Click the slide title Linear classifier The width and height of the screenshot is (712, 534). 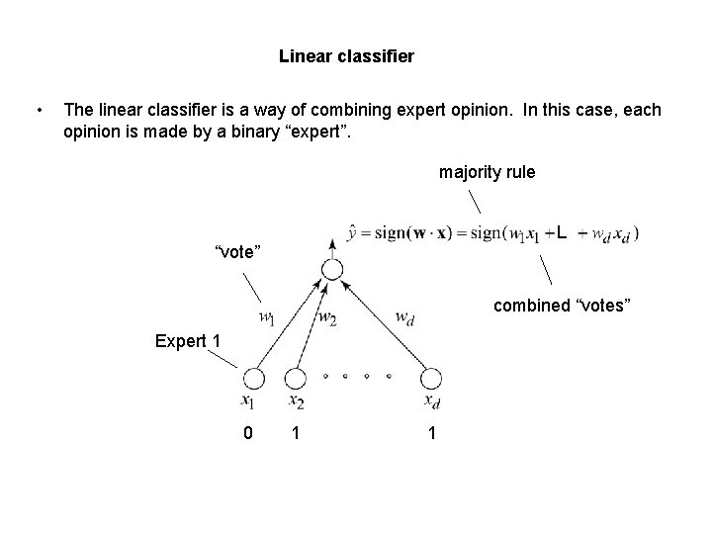point(346,56)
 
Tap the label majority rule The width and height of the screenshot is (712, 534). point(487,172)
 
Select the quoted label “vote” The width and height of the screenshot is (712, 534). point(238,252)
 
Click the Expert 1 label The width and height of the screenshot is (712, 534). point(188,341)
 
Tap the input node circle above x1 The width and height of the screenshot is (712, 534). point(253,379)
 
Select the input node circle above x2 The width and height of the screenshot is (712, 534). point(295,379)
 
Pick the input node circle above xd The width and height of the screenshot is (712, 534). point(430,379)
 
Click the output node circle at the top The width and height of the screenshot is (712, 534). point(332,269)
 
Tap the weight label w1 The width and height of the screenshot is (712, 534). point(267,318)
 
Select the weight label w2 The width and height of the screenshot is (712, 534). point(327,317)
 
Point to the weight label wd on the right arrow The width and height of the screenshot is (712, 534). point(404,317)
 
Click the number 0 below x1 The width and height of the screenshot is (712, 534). point(249,432)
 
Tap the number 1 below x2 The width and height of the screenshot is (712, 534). point(295,432)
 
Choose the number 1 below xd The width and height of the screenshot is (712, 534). point(431,432)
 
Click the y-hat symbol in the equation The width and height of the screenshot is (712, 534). point(354,234)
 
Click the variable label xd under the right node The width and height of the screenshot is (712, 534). point(431,401)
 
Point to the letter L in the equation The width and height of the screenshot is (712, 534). point(561,234)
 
